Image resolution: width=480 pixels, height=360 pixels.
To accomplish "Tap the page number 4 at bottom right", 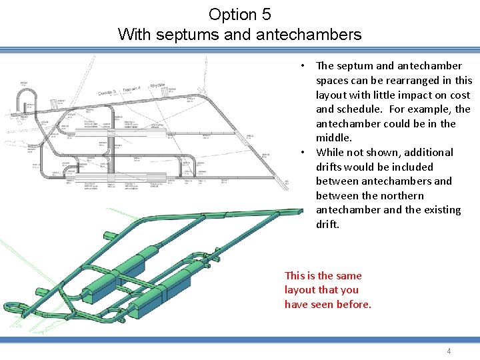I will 449,351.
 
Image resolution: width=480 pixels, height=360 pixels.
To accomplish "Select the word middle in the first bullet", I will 333,138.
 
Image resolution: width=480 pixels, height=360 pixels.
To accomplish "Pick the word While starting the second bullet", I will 331,153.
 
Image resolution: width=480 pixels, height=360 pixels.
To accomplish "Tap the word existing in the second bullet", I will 439,210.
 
